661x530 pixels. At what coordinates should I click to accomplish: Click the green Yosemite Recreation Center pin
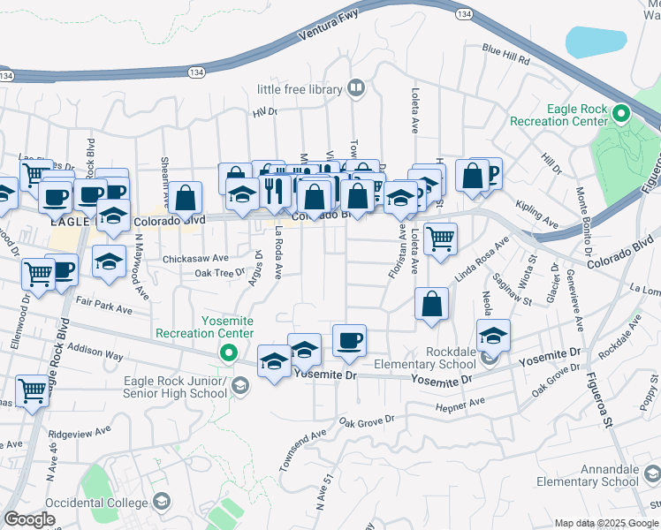pos(228,354)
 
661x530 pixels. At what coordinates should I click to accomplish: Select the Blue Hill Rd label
pos(505,55)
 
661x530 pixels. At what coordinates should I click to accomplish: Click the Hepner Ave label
pos(460,404)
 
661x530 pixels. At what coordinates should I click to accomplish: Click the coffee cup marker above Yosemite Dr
pos(349,341)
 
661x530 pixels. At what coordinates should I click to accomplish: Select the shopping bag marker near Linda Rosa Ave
pos(430,305)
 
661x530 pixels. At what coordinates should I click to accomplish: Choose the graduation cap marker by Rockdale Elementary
pos(494,335)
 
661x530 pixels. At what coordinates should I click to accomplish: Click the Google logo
pos(30,519)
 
